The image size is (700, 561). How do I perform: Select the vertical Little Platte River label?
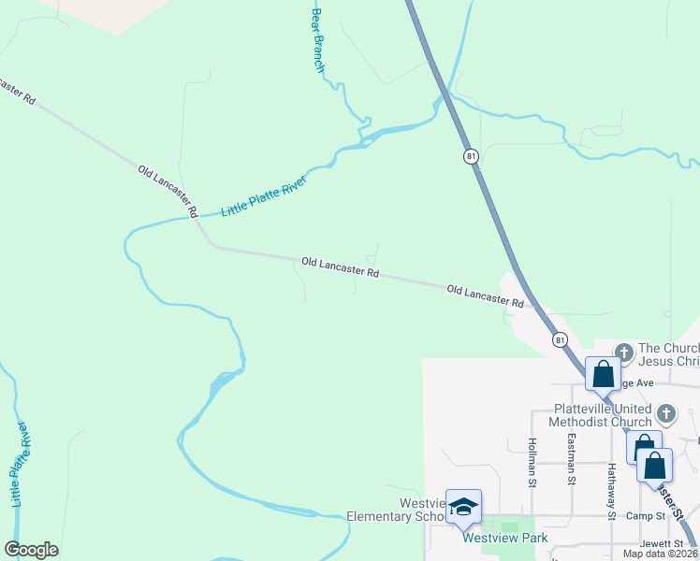point(20,464)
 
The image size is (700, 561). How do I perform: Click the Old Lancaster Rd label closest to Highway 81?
point(485,296)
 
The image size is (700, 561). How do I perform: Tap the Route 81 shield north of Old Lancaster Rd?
point(471,156)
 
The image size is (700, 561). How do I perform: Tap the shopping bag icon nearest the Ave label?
point(603,374)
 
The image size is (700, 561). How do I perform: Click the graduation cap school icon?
point(463,507)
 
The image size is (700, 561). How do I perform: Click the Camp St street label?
point(646,515)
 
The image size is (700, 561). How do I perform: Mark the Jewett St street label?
point(655,543)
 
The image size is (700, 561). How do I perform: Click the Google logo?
point(32,550)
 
